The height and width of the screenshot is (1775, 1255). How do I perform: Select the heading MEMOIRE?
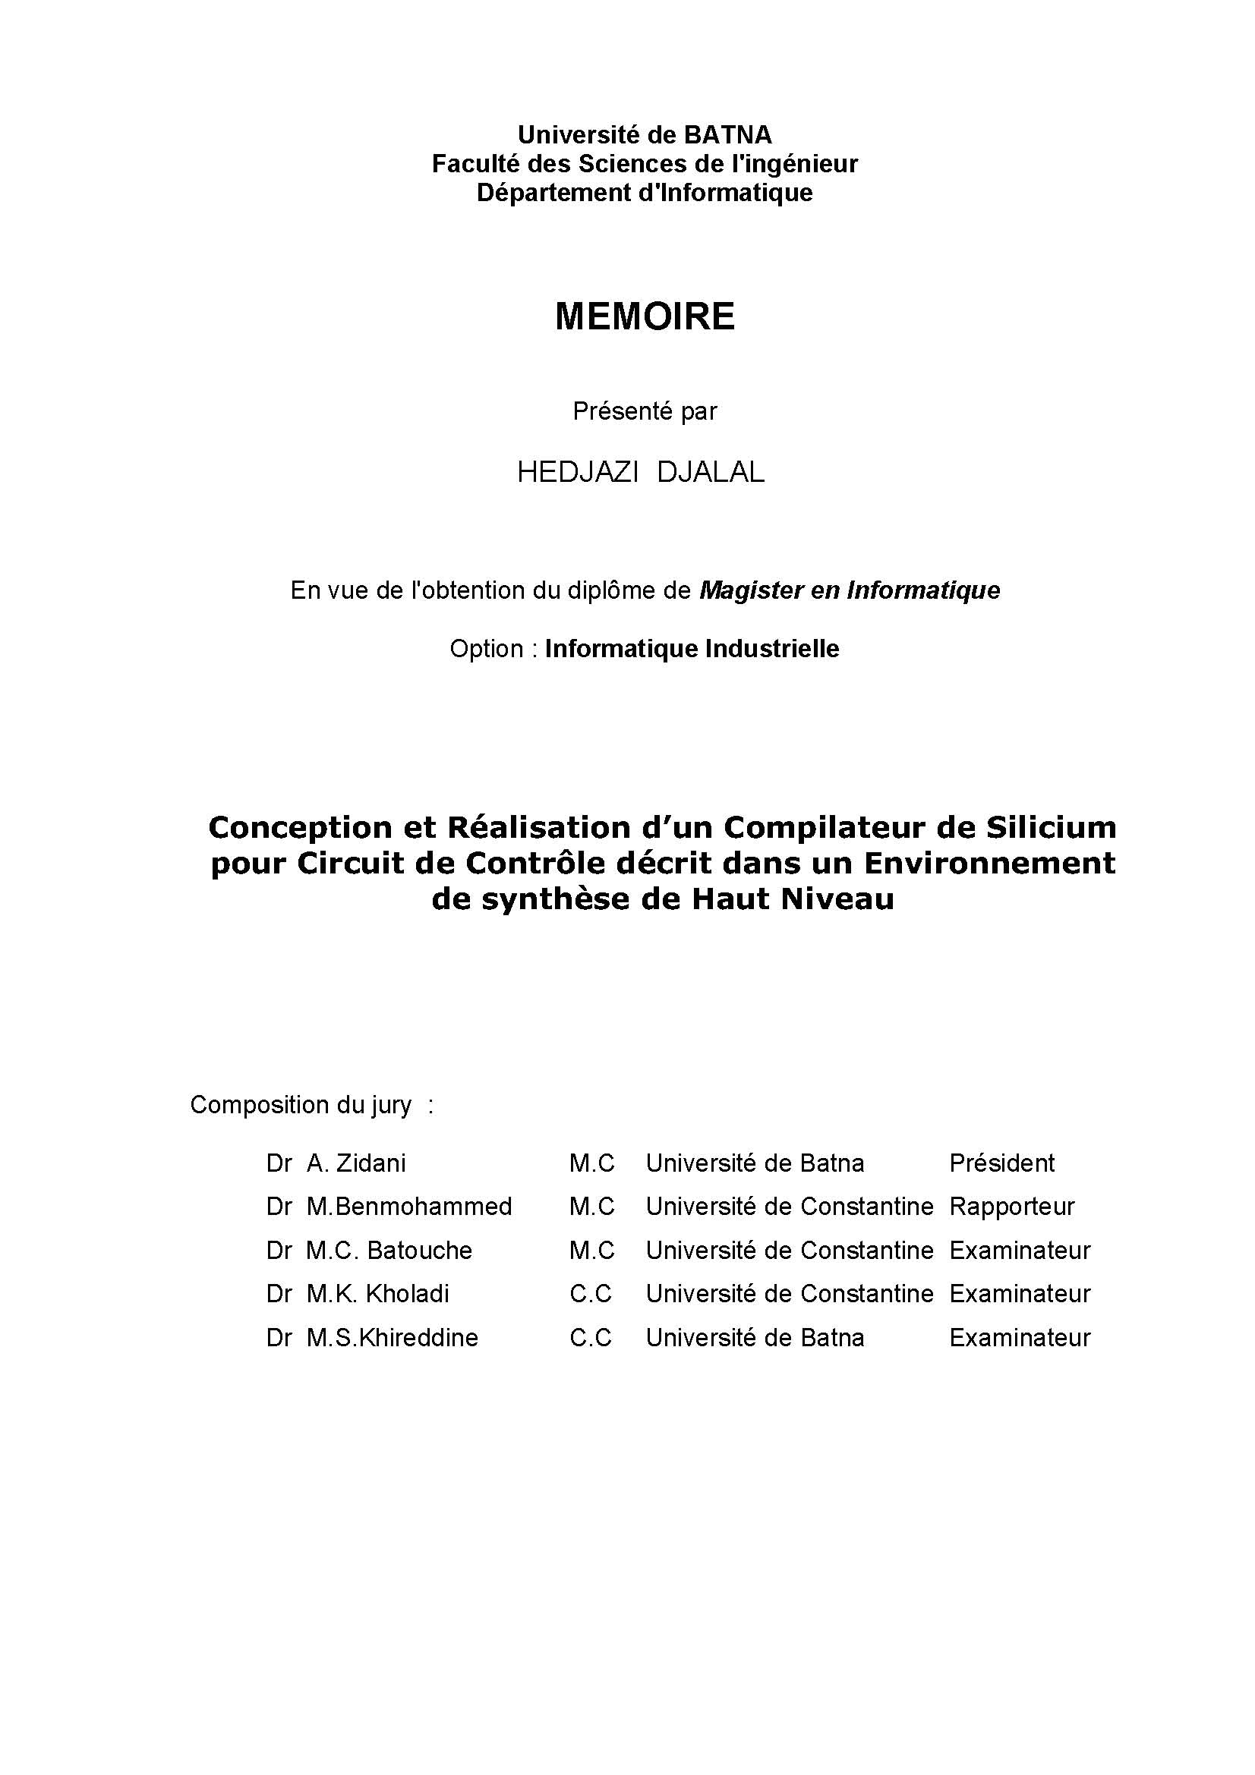click(x=644, y=316)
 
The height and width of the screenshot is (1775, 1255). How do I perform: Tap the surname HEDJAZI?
click(x=577, y=472)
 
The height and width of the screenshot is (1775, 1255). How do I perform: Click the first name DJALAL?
click(x=711, y=472)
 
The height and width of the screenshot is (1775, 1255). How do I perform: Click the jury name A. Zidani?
click(x=356, y=1163)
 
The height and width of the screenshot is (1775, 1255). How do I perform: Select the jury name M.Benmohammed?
click(x=409, y=1207)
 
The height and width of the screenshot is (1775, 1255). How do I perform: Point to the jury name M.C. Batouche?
click(x=389, y=1251)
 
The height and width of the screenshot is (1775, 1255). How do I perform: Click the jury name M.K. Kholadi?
click(x=377, y=1294)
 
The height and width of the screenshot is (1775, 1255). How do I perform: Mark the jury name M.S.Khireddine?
click(x=392, y=1338)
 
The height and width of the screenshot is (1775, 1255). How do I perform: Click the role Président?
click(x=1001, y=1163)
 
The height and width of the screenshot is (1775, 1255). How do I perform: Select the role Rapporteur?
click(x=1011, y=1207)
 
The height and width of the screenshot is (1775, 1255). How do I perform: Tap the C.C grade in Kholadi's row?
click(x=591, y=1294)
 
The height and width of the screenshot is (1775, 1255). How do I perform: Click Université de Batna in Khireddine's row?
click(x=755, y=1338)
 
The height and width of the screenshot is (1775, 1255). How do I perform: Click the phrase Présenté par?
click(x=644, y=411)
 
